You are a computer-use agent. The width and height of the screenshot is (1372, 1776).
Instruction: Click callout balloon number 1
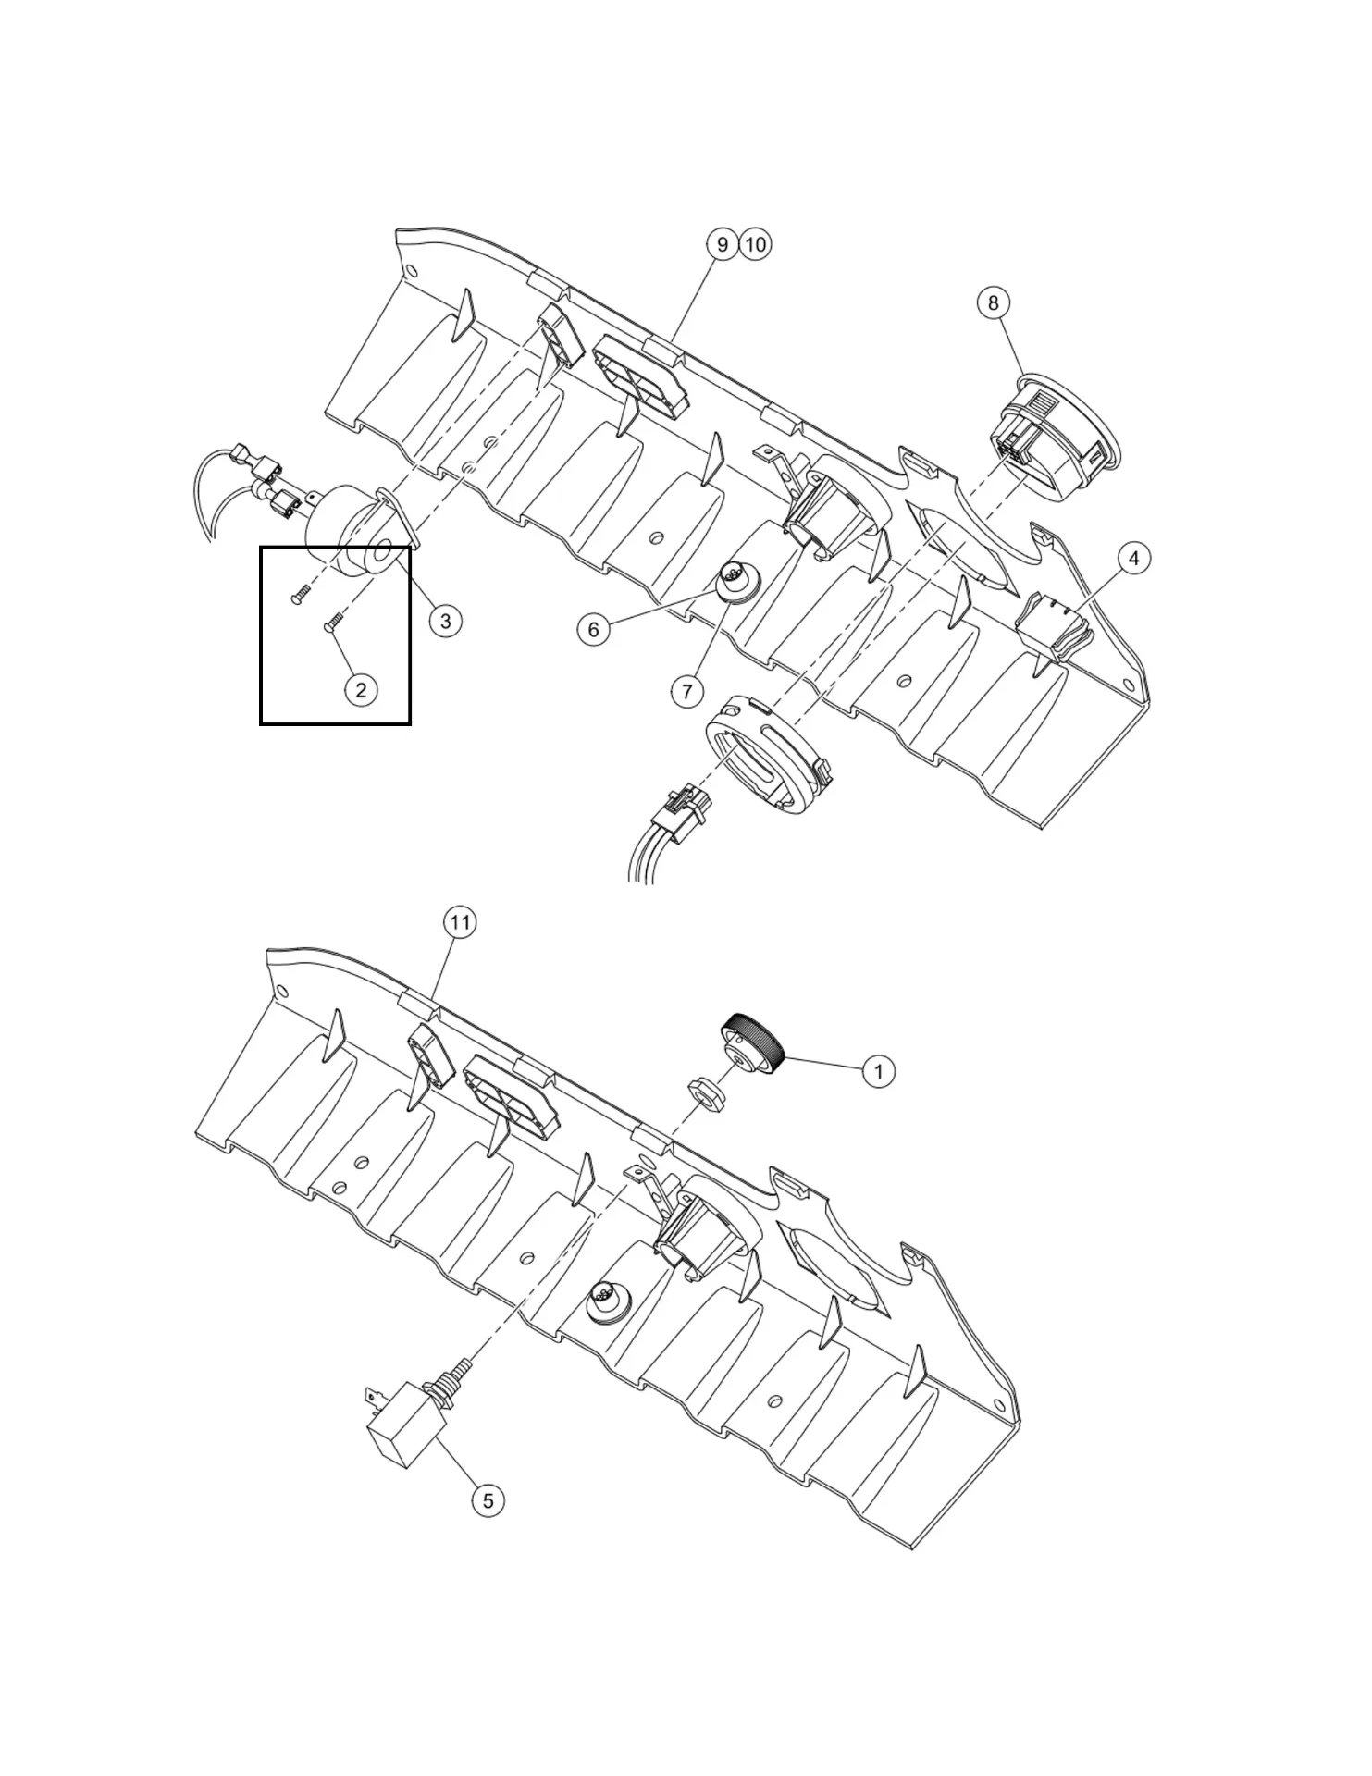(x=878, y=1071)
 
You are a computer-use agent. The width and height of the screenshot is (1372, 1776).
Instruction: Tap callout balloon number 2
(x=361, y=689)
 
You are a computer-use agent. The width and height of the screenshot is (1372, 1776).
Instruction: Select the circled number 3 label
(x=445, y=621)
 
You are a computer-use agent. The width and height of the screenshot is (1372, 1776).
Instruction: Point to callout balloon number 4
(x=1133, y=558)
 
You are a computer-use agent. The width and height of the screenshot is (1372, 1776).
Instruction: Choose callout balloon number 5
(x=488, y=1499)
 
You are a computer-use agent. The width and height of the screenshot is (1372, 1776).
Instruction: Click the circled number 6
(x=593, y=630)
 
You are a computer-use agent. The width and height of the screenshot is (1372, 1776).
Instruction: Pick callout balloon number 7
(x=687, y=690)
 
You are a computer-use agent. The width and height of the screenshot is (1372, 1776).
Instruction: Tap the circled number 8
(x=994, y=302)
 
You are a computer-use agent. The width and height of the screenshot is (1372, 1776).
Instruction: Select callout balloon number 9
(x=722, y=244)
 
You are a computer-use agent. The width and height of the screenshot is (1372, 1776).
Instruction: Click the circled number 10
(x=756, y=244)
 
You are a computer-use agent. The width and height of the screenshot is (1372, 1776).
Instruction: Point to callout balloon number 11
(x=460, y=922)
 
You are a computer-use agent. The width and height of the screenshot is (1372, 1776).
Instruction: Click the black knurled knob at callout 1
(x=755, y=1040)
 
